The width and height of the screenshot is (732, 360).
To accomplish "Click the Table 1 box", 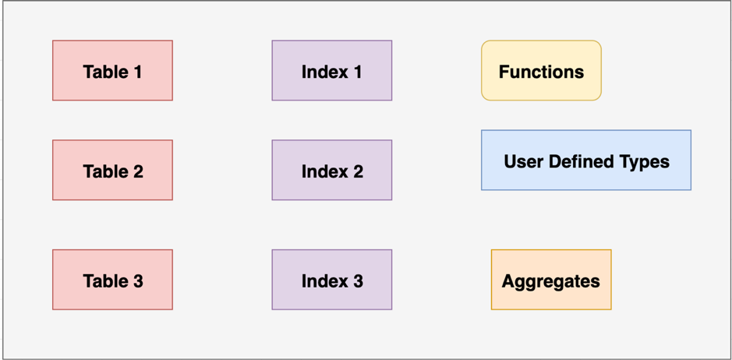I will [112, 71].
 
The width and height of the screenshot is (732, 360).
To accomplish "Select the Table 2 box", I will [112, 171].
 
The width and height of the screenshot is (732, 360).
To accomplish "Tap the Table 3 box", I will [112, 281].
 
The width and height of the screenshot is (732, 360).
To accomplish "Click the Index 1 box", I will [331, 71].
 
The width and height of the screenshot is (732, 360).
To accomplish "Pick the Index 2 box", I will [331, 171].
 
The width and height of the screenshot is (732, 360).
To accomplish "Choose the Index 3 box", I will [331, 281].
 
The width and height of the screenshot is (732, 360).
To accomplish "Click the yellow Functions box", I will [541, 71].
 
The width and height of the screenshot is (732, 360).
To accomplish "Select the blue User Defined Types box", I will [586, 161].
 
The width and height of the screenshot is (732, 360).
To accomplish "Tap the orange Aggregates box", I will [551, 281].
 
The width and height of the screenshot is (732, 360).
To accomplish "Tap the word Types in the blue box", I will [647, 162].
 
